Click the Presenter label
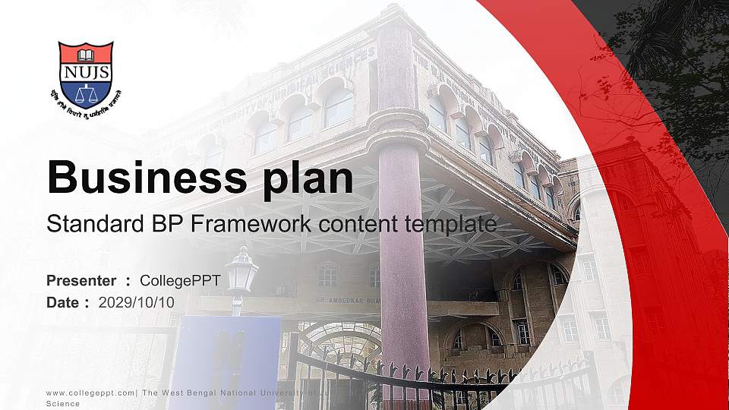(x=81, y=281)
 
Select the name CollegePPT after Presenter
(x=181, y=281)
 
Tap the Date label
(x=63, y=302)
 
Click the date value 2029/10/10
(x=137, y=302)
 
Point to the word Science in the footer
(x=63, y=404)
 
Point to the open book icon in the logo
(x=85, y=55)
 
